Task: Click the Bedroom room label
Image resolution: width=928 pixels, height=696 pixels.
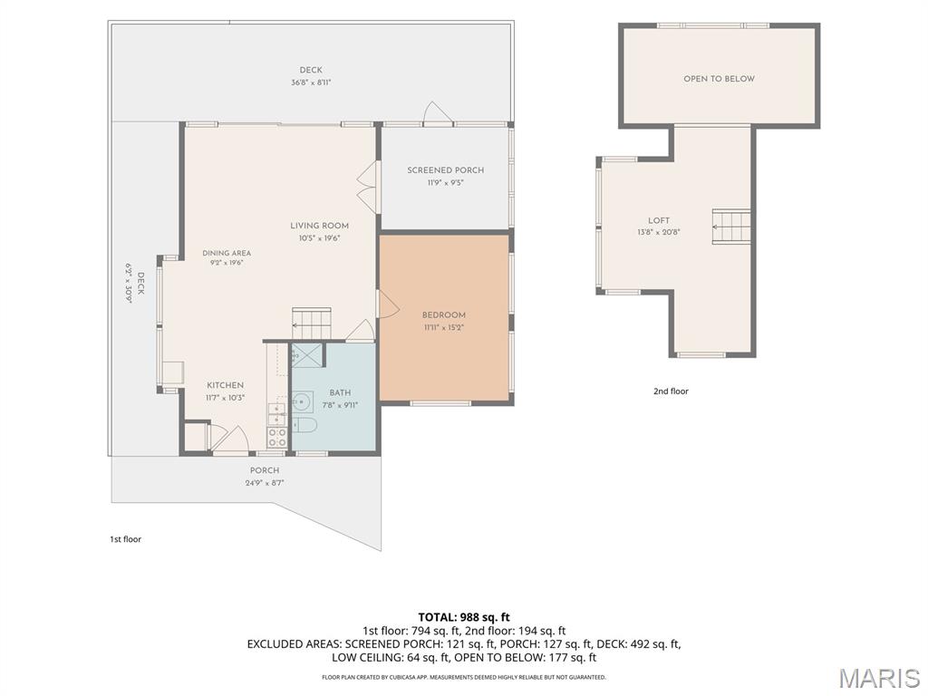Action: pyautogui.click(x=443, y=314)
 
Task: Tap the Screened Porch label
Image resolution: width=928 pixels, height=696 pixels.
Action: pyautogui.click(x=446, y=169)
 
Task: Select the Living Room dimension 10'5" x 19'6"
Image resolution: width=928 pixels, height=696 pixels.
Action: pyautogui.click(x=320, y=238)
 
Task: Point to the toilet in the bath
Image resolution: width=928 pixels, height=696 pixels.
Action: pyautogui.click(x=304, y=425)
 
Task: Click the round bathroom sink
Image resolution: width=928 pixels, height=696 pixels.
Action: pyautogui.click(x=303, y=401)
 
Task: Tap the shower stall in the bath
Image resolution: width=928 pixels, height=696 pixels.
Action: pyautogui.click(x=307, y=355)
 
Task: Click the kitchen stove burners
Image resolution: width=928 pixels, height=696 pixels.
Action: pyautogui.click(x=277, y=438)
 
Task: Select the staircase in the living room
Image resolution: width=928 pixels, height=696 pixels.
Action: pyautogui.click(x=312, y=324)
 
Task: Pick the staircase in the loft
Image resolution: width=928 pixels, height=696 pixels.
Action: pyautogui.click(x=731, y=226)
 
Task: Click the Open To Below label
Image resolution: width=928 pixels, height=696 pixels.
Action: pyautogui.click(x=719, y=79)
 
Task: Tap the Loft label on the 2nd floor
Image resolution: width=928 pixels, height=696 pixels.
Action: pyautogui.click(x=659, y=220)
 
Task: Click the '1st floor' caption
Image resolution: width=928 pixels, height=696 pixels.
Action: pyautogui.click(x=125, y=539)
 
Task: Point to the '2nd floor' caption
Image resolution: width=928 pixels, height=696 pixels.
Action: pyautogui.click(x=671, y=391)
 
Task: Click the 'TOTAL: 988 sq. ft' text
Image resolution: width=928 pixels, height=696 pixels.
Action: pyautogui.click(x=464, y=618)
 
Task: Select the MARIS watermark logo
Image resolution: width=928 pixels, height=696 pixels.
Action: pyautogui.click(x=879, y=679)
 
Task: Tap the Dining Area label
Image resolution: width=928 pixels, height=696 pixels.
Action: pyautogui.click(x=227, y=253)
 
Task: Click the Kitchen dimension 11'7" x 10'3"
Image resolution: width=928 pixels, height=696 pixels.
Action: pyautogui.click(x=226, y=398)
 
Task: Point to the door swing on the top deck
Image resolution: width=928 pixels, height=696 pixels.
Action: pyautogui.click(x=438, y=113)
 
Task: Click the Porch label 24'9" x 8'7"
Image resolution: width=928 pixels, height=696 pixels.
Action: pyautogui.click(x=265, y=477)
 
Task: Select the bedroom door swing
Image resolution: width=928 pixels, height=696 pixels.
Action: pyautogui.click(x=388, y=304)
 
